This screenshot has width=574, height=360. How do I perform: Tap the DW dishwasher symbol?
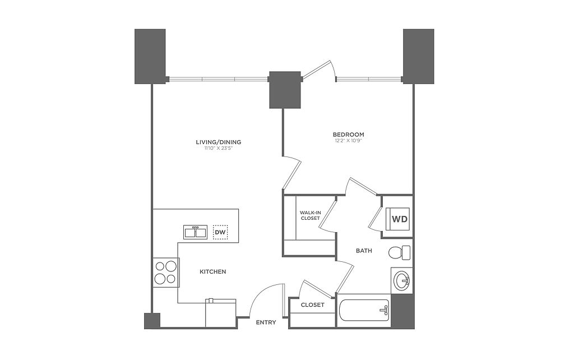[x=220, y=232]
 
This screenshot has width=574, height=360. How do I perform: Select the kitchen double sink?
[x=196, y=232]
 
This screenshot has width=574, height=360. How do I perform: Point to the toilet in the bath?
[x=399, y=252]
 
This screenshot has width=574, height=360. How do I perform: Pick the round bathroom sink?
[x=402, y=280]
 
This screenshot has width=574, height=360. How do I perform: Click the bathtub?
[x=363, y=311]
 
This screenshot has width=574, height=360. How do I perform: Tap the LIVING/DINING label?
[x=219, y=142]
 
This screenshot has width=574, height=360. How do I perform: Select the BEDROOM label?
[x=349, y=135]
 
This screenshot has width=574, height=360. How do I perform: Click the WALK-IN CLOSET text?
[x=310, y=215]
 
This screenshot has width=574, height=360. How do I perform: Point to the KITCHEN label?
[x=213, y=272]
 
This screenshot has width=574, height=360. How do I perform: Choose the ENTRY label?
[x=266, y=322]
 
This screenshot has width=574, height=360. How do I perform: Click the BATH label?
[x=364, y=251]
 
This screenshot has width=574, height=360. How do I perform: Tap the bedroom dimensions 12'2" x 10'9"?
[x=349, y=141]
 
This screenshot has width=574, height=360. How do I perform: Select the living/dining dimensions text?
[x=219, y=149]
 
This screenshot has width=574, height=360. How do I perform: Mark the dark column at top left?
[x=150, y=56]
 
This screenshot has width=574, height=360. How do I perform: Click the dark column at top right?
[x=419, y=56]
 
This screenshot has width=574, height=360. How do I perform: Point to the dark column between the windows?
[x=285, y=90]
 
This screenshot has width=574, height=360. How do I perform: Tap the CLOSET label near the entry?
[x=313, y=305]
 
